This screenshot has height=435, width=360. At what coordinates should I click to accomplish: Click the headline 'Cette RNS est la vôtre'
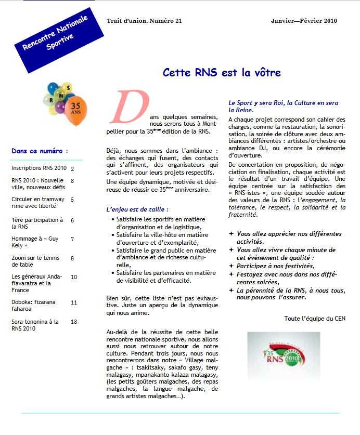222,72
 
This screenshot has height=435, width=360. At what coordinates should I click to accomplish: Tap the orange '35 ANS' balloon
78,111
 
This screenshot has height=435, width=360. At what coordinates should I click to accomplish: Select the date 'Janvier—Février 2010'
304,21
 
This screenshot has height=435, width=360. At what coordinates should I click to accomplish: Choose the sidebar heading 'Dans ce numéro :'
40,151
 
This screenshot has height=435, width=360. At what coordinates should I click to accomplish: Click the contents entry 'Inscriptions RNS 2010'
39,168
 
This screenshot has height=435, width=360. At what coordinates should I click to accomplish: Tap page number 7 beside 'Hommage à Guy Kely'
72,239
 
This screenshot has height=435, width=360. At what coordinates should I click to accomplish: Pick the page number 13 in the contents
74,322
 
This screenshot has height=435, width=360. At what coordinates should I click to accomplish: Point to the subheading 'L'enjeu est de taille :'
137,209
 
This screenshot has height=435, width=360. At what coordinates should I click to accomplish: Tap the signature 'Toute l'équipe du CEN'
314,318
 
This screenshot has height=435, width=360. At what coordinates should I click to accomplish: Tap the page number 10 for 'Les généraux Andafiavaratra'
74,277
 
